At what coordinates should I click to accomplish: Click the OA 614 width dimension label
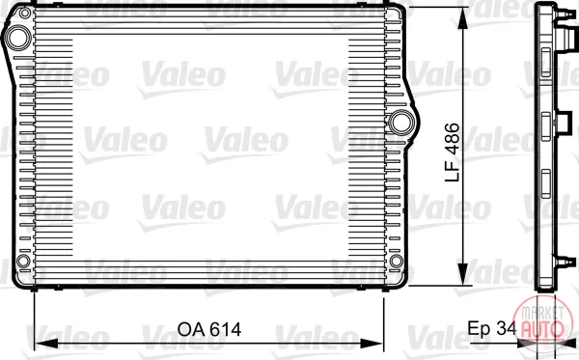(x=209, y=329)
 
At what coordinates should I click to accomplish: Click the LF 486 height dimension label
(x=453, y=152)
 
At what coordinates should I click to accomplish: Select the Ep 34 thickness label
(x=492, y=328)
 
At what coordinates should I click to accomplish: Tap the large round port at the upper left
(x=18, y=38)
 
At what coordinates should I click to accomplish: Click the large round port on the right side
(x=401, y=123)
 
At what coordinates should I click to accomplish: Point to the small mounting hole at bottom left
(x=23, y=261)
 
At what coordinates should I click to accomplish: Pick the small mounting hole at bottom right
(x=397, y=261)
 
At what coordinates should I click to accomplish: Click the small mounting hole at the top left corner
(x=25, y=14)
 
